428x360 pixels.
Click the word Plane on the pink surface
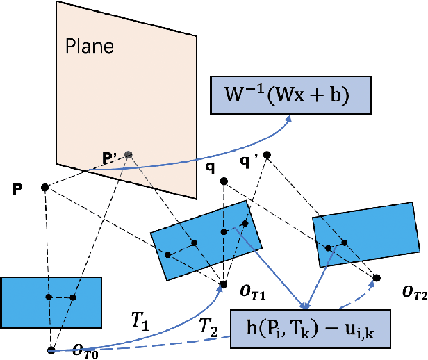pos(89,47)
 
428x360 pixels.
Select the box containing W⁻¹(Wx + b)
pos(290,95)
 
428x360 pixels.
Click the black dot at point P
pos(44,187)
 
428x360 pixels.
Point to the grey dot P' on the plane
pos(127,154)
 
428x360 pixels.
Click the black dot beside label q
pos(224,181)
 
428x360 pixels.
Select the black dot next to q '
pos(267,154)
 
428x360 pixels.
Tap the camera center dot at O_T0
pos(51,350)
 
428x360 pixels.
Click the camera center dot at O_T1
pos(223,284)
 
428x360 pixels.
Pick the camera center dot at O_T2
pos(376,277)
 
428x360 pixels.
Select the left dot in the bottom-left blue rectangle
pos(48,297)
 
